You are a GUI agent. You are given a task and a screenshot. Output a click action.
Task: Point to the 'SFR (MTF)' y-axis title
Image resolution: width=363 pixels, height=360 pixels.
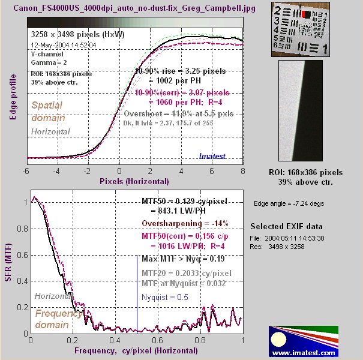coord(13,265)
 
